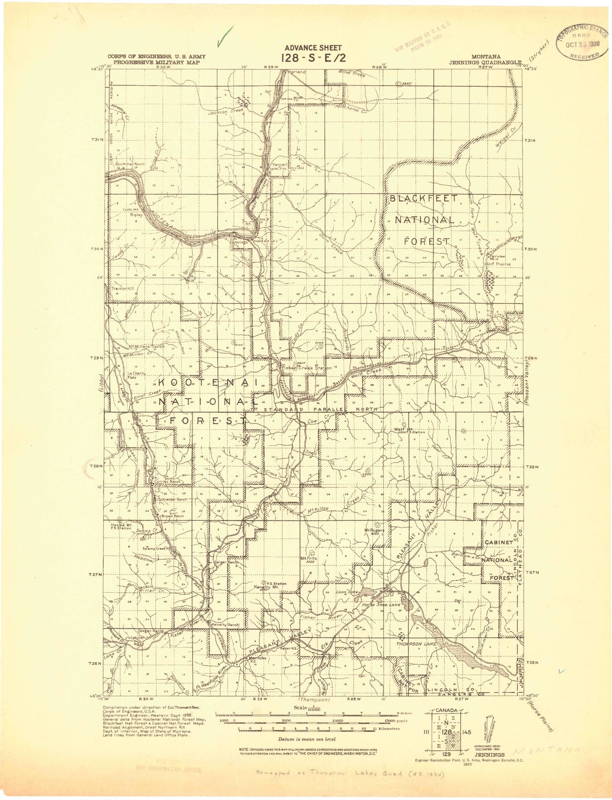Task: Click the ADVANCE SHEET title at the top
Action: [313, 48]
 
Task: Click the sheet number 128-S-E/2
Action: [313, 58]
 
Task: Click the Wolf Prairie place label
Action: [497, 264]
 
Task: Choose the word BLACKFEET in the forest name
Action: [424, 199]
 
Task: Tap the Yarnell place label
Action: [279, 165]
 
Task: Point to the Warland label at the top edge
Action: [297, 72]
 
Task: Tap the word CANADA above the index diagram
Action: [447, 710]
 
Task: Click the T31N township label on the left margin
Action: [98, 140]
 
